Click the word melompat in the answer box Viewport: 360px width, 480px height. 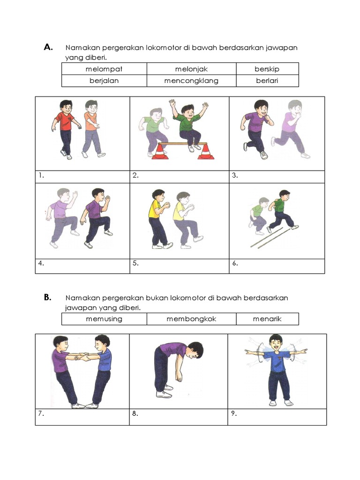pyautogui.click(x=104, y=69)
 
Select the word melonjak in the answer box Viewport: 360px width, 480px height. pyautogui.click(x=191, y=69)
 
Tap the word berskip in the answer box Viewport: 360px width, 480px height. pyautogui.click(x=267, y=69)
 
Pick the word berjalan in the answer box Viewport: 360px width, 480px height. pyautogui.click(x=104, y=81)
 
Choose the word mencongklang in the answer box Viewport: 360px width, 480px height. pyautogui.click(x=191, y=81)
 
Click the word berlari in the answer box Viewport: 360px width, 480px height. pyautogui.click(x=267, y=81)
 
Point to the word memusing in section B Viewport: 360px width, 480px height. pyautogui.click(x=104, y=319)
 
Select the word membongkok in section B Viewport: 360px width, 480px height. pyautogui.click(x=191, y=319)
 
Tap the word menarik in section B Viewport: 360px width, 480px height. pyautogui.click(x=267, y=319)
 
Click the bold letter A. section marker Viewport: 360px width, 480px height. pyautogui.click(x=48, y=47)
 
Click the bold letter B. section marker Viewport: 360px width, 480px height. pyautogui.click(x=47, y=297)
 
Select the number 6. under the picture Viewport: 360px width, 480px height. pyautogui.click(x=235, y=263)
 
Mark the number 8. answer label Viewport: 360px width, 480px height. pyautogui.click(x=135, y=413)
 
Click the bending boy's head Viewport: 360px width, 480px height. pyautogui.click(x=194, y=351)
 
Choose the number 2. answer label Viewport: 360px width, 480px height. pyautogui.click(x=135, y=175)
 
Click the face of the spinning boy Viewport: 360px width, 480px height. pyautogui.click(x=276, y=345)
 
